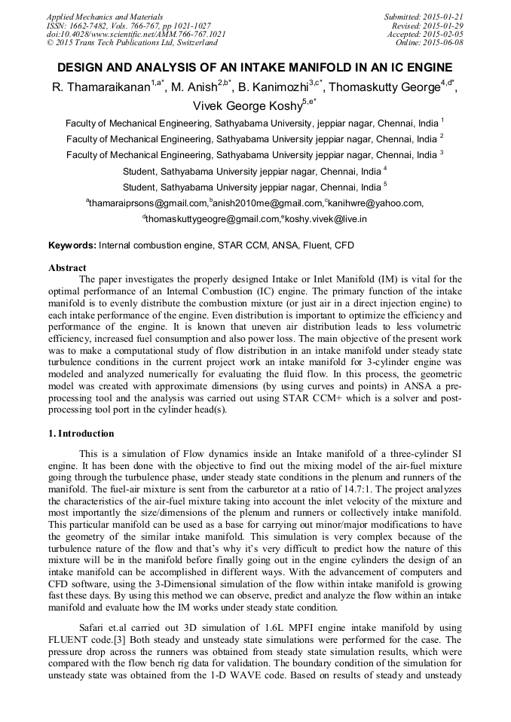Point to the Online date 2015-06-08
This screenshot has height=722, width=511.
tap(445, 43)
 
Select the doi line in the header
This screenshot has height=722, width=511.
tap(136, 34)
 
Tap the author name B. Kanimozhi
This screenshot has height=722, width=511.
tap(273, 87)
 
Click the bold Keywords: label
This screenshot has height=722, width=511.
tap(72, 245)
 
